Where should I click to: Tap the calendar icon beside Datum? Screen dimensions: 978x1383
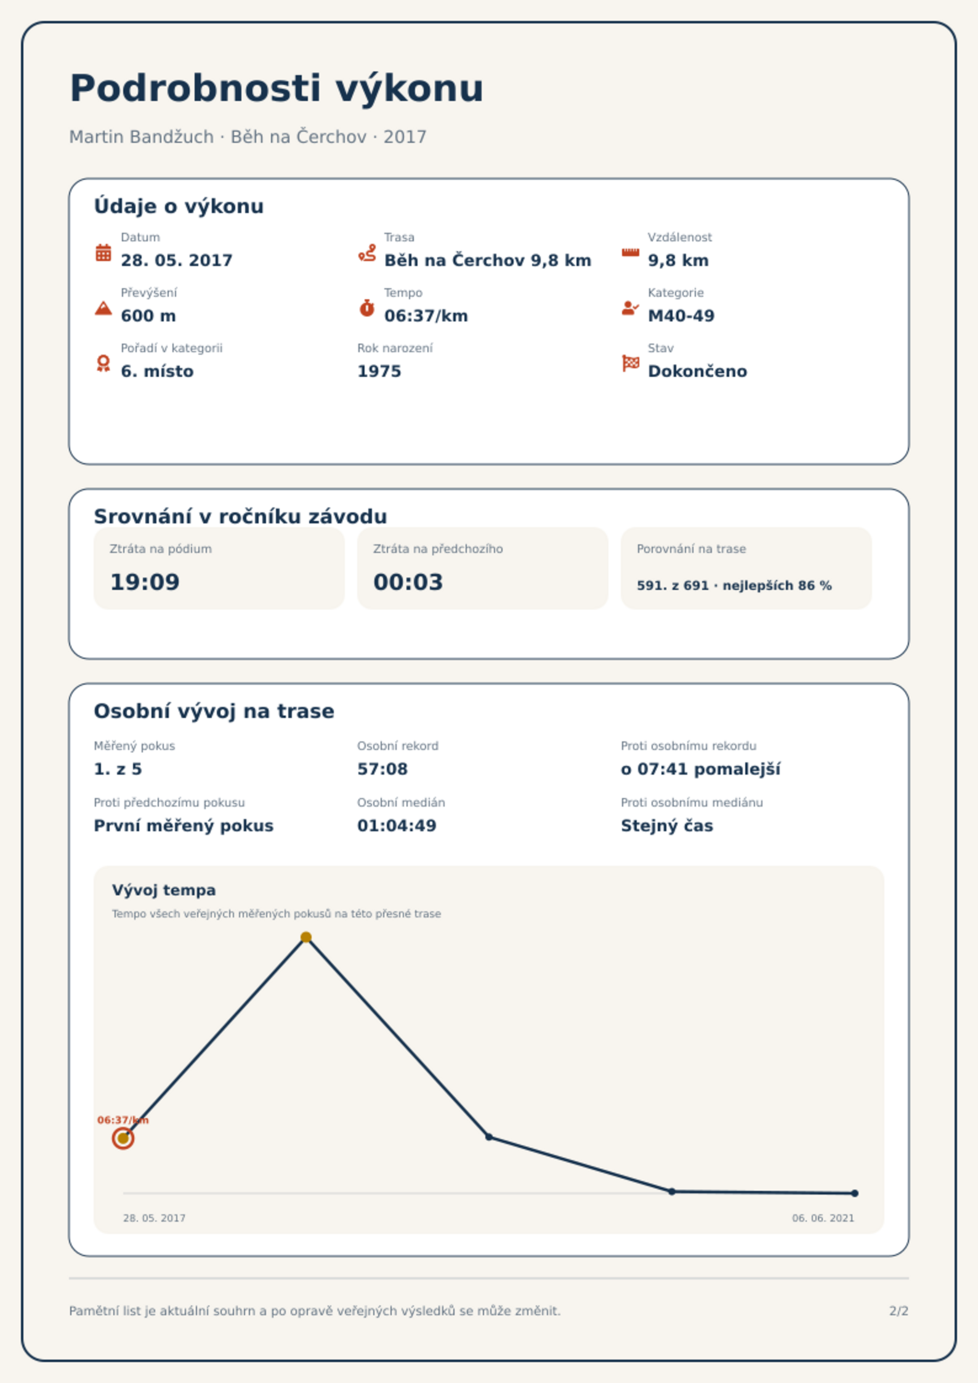coord(103,253)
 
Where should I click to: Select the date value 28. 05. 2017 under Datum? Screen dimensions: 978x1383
coord(177,260)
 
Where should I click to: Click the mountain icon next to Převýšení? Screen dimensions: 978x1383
coord(103,308)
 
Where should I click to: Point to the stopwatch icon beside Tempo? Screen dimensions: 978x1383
coord(367,308)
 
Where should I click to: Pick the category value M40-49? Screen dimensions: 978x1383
coord(681,316)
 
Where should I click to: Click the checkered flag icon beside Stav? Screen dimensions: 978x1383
coord(631,363)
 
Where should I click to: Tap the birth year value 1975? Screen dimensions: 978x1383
coord(379,371)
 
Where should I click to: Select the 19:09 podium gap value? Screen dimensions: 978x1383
coord(145,582)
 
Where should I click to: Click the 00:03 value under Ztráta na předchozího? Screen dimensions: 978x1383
coord(408,582)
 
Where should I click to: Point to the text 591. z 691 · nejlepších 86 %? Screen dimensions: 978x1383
coord(734,586)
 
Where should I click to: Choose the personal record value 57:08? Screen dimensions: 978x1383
coord(382,769)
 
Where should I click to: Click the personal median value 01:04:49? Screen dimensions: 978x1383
coord(397,826)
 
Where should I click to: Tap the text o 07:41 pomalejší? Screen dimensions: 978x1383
coord(700,769)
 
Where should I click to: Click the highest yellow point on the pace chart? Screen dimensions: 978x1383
coord(306,937)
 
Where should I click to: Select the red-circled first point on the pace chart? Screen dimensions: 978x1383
coord(123,1139)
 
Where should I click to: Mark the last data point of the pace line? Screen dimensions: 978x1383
coord(855,1193)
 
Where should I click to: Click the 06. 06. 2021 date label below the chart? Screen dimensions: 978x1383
coord(823,1218)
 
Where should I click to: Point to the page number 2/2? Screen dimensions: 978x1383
coord(899,1311)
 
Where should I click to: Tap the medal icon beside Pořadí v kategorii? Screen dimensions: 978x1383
coord(103,363)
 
